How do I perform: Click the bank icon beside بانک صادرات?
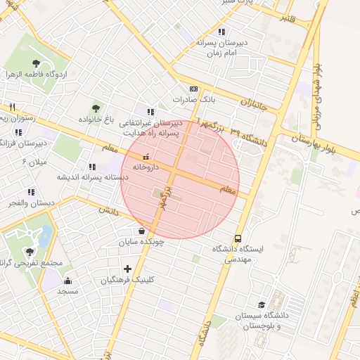click(x=193, y=89)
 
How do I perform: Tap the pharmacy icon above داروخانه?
click(x=146, y=157)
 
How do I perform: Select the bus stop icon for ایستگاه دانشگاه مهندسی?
click(x=238, y=238)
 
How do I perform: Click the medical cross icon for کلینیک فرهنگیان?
click(x=127, y=269)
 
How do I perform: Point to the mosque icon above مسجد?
click(x=67, y=281)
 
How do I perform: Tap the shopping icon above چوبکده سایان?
click(x=142, y=231)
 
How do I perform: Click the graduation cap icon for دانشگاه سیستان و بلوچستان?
click(x=262, y=305)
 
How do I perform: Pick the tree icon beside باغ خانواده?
click(x=96, y=108)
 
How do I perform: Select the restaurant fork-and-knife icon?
click(x=12, y=107)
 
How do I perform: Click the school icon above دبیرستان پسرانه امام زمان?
click(x=222, y=32)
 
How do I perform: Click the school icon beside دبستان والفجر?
click(x=31, y=192)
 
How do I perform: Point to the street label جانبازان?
click(x=255, y=105)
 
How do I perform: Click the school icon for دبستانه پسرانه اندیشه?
click(x=92, y=167)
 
